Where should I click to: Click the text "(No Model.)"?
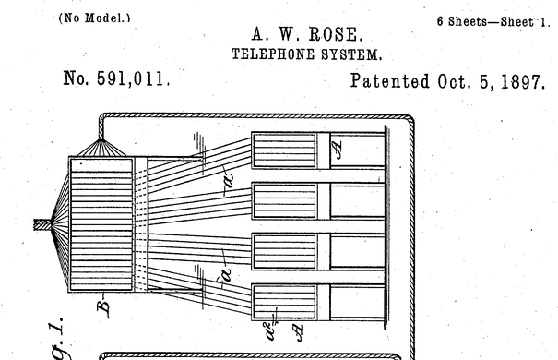(x=94, y=18)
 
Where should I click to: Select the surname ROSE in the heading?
(x=336, y=34)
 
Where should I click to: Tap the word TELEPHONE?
(x=273, y=54)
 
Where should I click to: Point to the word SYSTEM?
(x=351, y=54)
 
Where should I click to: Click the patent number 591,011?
(x=133, y=78)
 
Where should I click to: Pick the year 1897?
(x=522, y=82)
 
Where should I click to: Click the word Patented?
(x=390, y=81)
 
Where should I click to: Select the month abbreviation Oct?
(x=452, y=81)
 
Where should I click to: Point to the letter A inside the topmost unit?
(x=337, y=150)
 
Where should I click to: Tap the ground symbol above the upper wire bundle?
(x=199, y=147)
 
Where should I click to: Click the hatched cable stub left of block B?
(x=42, y=224)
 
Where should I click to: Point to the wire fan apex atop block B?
(x=101, y=140)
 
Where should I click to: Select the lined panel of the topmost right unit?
(x=284, y=150)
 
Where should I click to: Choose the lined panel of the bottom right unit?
(x=284, y=302)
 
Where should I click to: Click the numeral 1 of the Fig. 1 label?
(x=57, y=326)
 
